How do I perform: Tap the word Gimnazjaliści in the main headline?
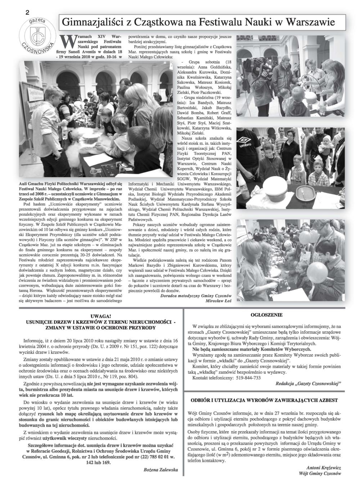[x=93, y=22]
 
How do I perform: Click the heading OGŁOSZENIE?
[x=266, y=315]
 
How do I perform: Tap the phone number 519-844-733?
[x=248, y=378]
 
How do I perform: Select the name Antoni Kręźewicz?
[x=323, y=467]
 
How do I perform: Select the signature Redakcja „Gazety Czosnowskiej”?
[x=308, y=384]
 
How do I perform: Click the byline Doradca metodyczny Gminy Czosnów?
[x=196, y=295]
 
